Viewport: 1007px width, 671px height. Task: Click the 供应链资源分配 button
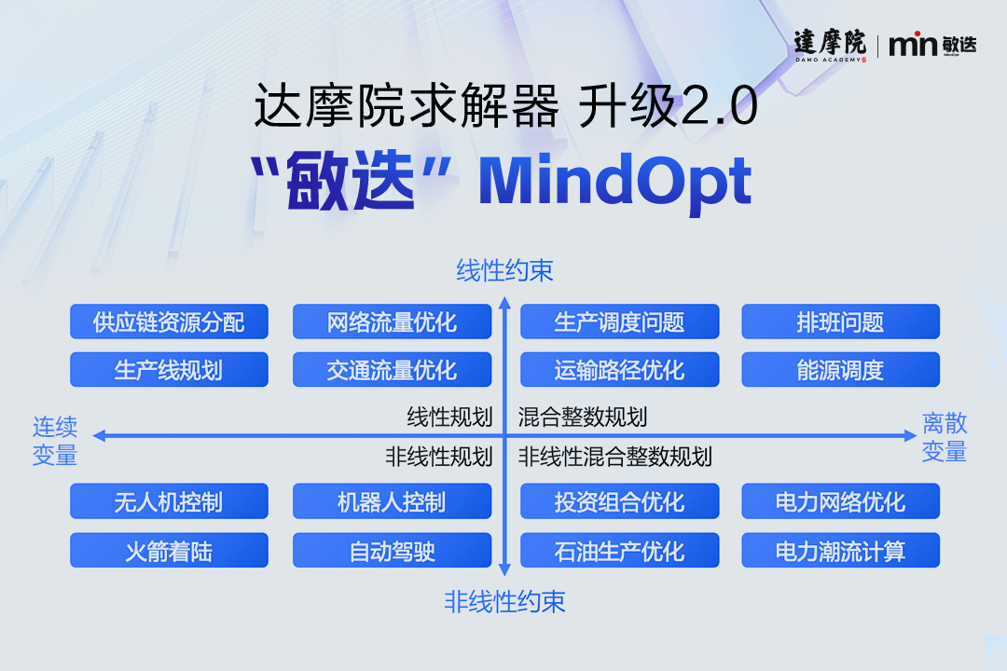click(x=169, y=321)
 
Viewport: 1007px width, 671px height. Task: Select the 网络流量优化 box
click(x=392, y=321)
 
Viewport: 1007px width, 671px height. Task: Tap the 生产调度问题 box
click(x=620, y=321)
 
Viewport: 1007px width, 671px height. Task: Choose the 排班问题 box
click(x=841, y=321)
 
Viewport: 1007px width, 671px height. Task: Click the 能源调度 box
click(x=841, y=369)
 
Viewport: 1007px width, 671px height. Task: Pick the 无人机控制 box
click(x=169, y=500)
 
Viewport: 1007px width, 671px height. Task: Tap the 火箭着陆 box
click(x=169, y=550)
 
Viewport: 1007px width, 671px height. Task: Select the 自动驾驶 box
click(x=392, y=550)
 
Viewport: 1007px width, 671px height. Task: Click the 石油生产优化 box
click(x=620, y=550)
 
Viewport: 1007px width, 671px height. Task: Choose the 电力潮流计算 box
click(x=841, y=550)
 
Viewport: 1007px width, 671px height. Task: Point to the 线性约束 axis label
click(x=504, y=270)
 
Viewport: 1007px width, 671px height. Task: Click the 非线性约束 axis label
click(x=504, y=602)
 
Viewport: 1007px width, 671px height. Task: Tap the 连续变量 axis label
click(x=55, y=441)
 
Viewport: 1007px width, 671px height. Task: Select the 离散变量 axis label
click(x=944, y=437)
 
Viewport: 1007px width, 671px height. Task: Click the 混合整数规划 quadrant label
click(x=583, y=417)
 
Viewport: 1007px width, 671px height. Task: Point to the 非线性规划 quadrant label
click(x=438, y=457)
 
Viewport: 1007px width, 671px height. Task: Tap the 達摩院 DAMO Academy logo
click(x=831, y=45)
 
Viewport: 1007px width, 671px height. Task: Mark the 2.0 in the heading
click(x=719, y=106)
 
